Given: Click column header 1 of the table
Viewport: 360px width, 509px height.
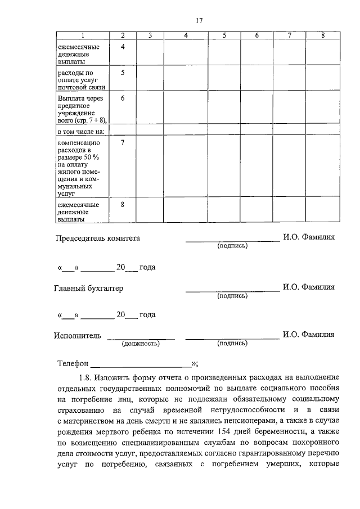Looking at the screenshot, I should point(83,36).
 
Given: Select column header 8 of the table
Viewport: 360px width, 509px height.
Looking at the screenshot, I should point(323,36).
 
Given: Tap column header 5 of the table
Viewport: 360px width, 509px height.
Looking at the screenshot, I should point(224,36).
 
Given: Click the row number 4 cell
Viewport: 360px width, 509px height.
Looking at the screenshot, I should point(123,47).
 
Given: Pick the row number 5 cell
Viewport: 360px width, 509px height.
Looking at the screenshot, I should point(123,73).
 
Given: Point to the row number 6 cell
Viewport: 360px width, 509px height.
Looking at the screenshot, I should point(123,98).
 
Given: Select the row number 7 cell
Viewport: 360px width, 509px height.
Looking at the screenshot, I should point(123,142).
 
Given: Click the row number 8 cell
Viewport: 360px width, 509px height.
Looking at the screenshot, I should point(123,205).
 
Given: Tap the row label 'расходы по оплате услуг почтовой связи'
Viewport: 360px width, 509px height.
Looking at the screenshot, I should point(78,80).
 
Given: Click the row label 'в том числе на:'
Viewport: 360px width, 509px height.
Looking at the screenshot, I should point(82,131).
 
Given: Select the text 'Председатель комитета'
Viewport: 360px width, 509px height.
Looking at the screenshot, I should point(97,238).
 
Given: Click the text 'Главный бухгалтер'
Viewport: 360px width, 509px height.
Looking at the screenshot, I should point(88,288).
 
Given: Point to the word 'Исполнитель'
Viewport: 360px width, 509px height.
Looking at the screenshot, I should point(78,335).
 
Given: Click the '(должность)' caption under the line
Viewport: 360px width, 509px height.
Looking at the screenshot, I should point(141,343).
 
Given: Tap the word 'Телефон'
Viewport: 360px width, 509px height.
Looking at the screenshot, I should point(73,363).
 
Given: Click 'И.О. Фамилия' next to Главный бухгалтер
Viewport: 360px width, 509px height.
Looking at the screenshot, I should point(309,287).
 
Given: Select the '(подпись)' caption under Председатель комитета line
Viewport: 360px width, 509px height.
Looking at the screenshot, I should point(232,246).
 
